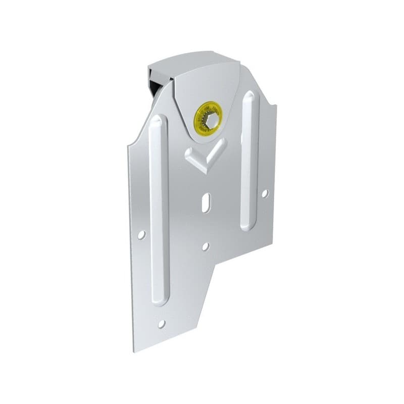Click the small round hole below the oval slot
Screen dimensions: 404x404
coord(205,246)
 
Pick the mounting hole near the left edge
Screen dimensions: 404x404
coord(141,234)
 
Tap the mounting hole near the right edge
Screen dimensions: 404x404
coord(265,193)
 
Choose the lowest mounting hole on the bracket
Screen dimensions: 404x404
coord(162,324)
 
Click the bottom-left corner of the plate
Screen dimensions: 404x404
coord(134,351)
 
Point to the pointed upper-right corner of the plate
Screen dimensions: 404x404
coord(276,105)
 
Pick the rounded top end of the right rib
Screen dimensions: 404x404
coord(249,94)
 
